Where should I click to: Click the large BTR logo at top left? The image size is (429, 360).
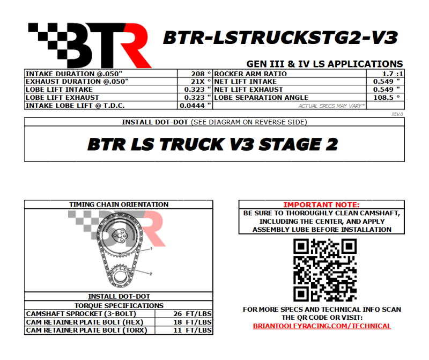pos(90,46)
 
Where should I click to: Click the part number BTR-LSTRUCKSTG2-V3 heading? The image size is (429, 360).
pos(280,38)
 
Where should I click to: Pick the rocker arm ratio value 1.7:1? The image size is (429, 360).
pos(393,74)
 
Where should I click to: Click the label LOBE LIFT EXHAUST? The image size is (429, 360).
pos(62,98)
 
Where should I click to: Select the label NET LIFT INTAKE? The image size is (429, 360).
pos(246,82)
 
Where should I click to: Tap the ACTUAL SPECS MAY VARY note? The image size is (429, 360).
pos(331,106)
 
